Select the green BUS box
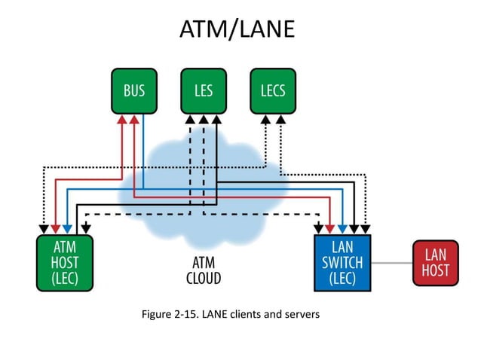point(134,91)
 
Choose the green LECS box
point(273,91)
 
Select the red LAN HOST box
point(436,263)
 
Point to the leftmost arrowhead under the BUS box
point(121,120)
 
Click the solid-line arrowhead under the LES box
point(216,120)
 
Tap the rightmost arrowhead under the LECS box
point(281,120)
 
